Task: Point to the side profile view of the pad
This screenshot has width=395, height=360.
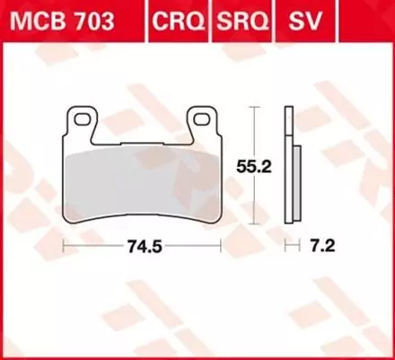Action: [288, 166]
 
